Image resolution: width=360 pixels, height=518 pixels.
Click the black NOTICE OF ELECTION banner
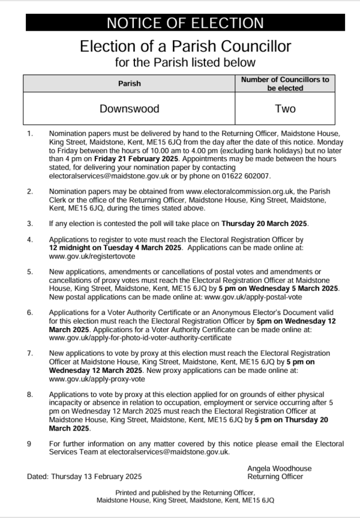(x=185, y=23)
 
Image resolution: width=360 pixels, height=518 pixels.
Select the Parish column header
(x=130, y=83)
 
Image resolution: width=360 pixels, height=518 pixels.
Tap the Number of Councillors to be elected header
(x=285, y=83)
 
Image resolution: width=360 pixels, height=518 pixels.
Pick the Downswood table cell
(x=130, y=109)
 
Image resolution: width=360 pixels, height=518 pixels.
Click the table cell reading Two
(x=285, y=109)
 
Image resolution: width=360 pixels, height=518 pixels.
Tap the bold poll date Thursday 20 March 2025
(x=265, y=224)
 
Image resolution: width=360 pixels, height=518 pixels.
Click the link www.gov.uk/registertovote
(x=92, y=255)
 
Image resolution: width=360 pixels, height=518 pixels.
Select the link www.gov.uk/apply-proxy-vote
(x=97, y=379)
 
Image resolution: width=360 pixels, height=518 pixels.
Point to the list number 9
(x=29, y=444)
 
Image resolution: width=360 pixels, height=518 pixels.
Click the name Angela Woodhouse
(x=279, y=468)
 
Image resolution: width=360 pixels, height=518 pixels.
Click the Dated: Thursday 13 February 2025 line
(x=84, y=477)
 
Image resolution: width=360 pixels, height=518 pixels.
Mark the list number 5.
(x=29, y=272)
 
